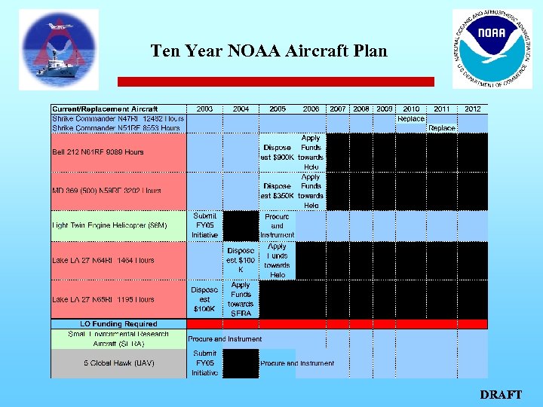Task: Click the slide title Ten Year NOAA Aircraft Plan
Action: click(x=268, y=51)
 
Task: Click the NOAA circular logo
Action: click(x=492, y=49)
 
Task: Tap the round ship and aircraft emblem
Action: click(x=58, y=50)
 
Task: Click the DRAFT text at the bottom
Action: click(x=500, y=394)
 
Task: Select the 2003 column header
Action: click(x=204, y=109)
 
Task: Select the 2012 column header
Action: click(x=472, y=109)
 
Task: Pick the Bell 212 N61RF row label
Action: click(x=98, y=151)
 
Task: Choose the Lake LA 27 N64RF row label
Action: click(x=103, y=260)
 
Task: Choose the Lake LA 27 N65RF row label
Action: click(x=103, y=299)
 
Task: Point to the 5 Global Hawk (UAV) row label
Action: click(x=119, y=363)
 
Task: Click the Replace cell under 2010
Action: click(x=411, y=118)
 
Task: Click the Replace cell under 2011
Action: click(x=442, y=128)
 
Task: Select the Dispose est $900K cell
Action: click(x=278, y=152)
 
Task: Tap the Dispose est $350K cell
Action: click(x=278, y=191)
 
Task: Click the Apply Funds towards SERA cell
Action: click(x=241, y=299)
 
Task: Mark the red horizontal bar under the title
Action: click(x=275, y=81)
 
